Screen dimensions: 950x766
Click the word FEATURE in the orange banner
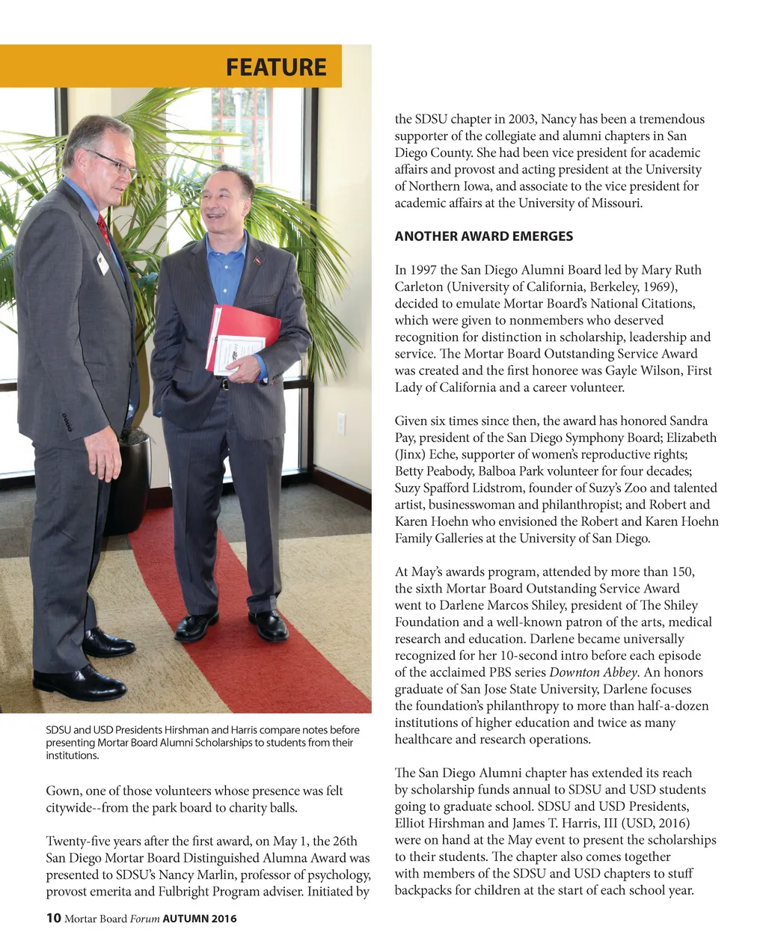276,67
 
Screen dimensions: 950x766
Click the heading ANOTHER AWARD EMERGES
483,236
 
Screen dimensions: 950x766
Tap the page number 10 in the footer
53,918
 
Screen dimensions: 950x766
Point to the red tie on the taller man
103,229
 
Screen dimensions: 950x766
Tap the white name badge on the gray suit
102,263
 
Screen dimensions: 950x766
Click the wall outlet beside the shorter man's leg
340,423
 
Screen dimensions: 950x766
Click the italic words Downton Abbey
593,672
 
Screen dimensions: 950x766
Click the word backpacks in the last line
423,890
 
